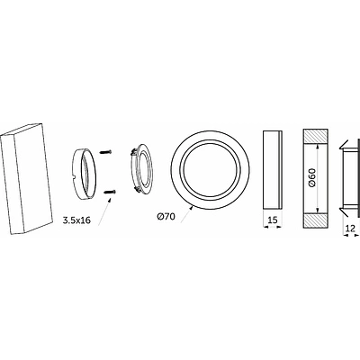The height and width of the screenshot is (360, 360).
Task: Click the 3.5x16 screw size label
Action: click(76, 211)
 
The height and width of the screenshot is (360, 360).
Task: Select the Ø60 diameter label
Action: click(312, 178)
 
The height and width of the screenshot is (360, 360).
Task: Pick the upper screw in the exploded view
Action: click(105, 152)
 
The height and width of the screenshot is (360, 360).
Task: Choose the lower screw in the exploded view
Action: click(110, 192)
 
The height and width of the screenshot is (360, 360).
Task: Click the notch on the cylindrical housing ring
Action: click(74, 186)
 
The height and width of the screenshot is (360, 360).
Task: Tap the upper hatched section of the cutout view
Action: click(316, 136)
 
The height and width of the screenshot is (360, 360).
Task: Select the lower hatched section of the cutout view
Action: click(316, 220)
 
